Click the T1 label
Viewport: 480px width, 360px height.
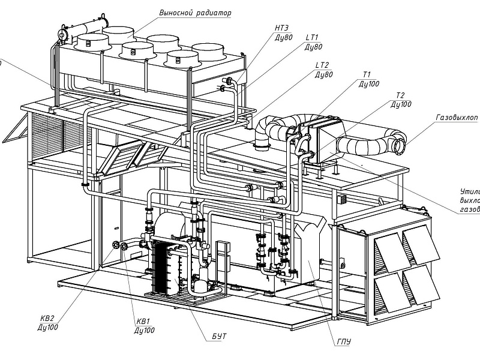367,75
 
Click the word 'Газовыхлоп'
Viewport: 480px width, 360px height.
455,118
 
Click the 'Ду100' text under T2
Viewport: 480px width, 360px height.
401,104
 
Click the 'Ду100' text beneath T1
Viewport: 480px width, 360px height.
368,84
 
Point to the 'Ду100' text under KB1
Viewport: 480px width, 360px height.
145,331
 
